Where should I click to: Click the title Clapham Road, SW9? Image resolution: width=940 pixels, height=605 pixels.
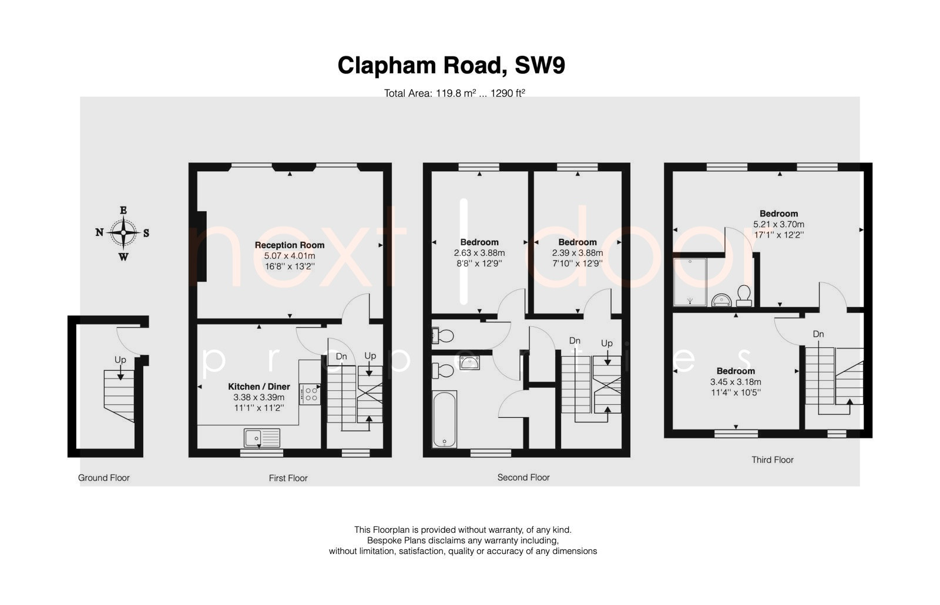451,66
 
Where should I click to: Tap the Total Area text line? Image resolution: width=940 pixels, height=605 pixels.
455,93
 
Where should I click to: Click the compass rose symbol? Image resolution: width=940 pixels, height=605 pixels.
123,233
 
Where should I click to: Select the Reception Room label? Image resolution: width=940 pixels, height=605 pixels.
290,245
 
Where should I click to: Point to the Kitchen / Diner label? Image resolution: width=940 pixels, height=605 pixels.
259,387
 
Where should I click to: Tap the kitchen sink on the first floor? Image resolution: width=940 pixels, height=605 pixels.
262,438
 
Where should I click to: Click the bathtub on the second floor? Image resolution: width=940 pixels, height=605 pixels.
444,419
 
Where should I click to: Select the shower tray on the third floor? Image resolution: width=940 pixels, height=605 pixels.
690,282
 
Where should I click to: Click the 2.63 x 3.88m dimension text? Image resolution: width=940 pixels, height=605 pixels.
479,254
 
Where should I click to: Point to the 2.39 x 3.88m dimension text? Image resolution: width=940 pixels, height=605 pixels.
578,254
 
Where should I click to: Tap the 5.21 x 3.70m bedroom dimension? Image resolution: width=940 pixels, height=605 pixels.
779,224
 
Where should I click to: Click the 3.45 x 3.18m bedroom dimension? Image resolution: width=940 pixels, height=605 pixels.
736,382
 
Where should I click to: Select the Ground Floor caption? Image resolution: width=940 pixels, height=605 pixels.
103,478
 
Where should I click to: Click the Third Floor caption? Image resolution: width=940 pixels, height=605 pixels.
773,460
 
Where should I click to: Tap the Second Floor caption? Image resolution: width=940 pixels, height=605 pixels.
523,477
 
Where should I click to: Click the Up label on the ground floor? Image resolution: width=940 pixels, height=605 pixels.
120,360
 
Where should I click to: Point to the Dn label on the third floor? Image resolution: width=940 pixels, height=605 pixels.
818,334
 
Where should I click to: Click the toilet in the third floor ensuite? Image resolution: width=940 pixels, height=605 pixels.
744,295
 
